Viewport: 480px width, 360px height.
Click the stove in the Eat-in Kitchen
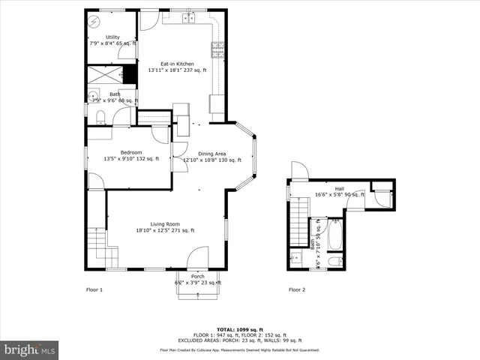click(x=218, y=50)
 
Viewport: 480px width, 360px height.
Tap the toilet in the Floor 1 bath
click(x=100, y=115)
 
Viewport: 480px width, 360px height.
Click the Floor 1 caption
click(x=94, y=289)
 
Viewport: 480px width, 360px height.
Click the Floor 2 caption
click(x=298, y=289)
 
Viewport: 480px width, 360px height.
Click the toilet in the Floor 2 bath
click(x=335, y=261)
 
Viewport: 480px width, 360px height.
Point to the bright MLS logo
click(x=30, y=349)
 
